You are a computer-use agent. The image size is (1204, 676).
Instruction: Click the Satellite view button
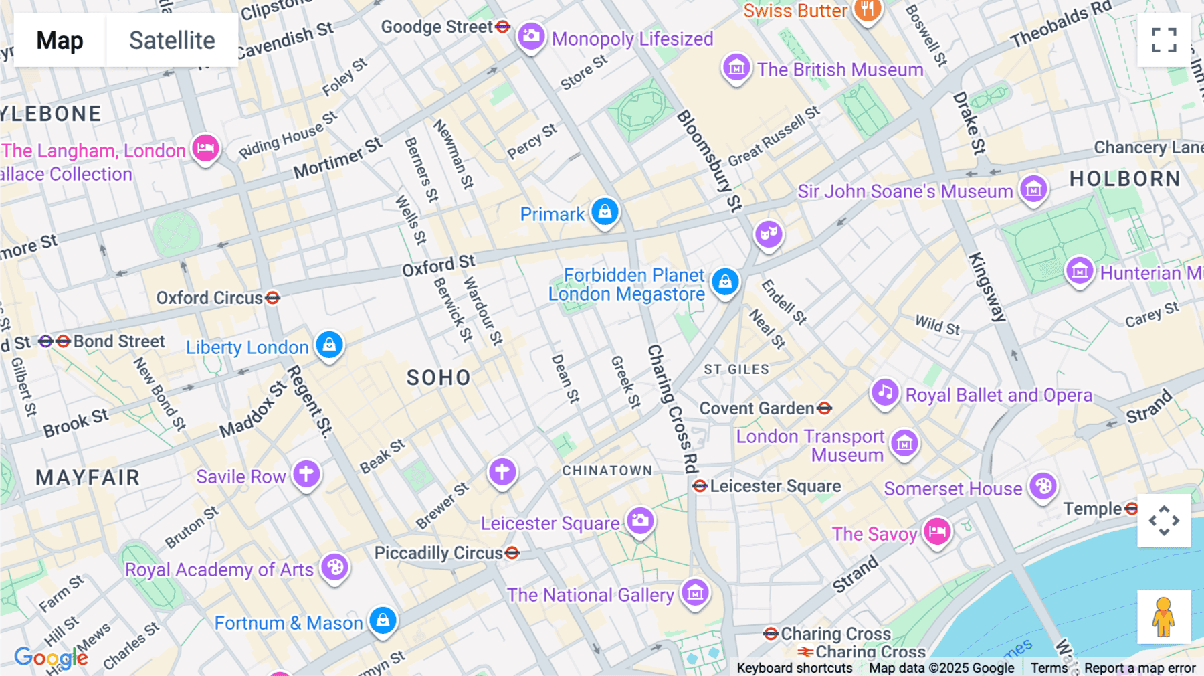click(172, 41)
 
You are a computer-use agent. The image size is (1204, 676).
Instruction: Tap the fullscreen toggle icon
click(1164, 40)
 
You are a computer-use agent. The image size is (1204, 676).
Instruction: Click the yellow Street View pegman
click(1163, 617)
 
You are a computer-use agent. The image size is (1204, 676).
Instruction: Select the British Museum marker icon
click(736, 68)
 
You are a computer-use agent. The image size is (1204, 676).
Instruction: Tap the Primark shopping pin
click(605, 212)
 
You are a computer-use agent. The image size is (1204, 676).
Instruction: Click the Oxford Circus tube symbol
click(272, 298)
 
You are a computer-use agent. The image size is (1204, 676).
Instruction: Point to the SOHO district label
click(439, 377)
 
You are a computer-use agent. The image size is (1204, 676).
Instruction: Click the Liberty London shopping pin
click(329, 345)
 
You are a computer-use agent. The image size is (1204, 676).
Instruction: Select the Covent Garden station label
click(757, 408)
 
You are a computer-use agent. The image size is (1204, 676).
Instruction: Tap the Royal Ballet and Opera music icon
click(885, 392)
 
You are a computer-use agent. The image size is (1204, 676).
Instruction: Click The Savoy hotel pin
click(937, 531)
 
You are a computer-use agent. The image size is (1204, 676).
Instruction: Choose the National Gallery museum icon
click(695, 592)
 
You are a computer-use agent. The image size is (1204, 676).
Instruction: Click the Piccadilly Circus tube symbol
click(512, 553)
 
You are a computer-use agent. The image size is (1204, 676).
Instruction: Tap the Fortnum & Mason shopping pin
click(383, 620)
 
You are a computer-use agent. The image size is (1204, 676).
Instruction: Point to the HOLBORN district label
click(1125, 179)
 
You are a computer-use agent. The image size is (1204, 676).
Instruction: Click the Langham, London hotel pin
click(206, 147)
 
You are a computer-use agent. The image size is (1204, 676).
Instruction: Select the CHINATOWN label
click(607, 471)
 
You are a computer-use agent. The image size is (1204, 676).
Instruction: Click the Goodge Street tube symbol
click(503, 27)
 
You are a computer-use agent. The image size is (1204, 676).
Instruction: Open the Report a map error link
click(1140, 668)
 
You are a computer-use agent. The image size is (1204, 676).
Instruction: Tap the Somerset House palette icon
click(1043, 486)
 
